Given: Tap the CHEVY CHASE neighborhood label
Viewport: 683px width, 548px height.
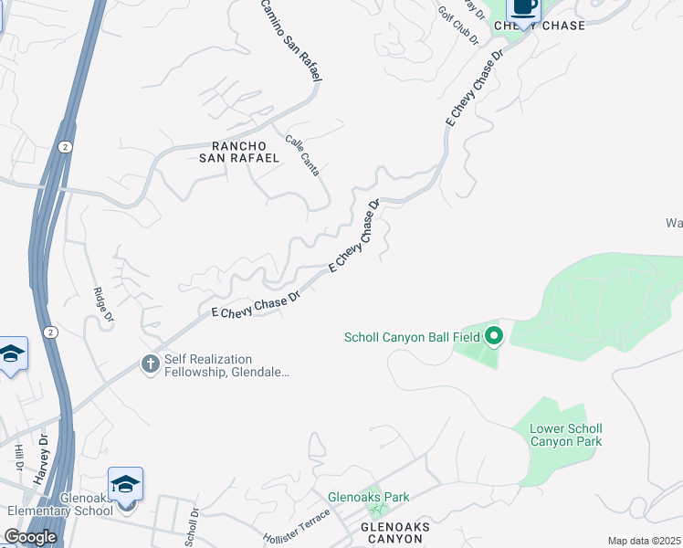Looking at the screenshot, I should [539, 26].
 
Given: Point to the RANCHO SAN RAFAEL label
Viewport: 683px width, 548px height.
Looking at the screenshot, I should [245, 152].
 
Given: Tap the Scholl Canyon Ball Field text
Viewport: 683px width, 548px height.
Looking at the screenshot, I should [412, 337].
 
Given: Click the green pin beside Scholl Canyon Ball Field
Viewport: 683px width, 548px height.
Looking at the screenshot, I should [494, 337].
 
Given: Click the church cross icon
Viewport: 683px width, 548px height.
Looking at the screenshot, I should [150, 364].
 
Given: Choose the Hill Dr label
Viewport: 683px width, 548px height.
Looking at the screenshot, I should [18, 458].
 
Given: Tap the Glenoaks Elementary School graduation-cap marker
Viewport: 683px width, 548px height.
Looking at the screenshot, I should [125, 483].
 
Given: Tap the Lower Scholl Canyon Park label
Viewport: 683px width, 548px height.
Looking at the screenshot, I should [566, 435].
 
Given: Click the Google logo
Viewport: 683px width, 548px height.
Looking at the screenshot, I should [30, 537].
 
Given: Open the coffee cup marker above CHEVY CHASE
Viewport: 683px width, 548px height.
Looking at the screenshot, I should [523, 7].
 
